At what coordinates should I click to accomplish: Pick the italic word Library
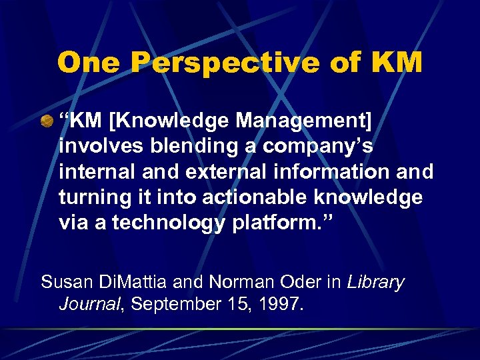[376, 282]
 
